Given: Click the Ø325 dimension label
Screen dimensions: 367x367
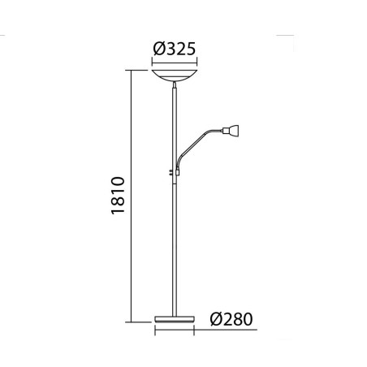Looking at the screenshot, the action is point(175,49).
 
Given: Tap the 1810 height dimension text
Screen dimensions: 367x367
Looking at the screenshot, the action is point(118,196).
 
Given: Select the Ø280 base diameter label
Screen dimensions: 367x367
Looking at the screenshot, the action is point(231,319).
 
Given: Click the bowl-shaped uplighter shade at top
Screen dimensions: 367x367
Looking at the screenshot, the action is point(175,76).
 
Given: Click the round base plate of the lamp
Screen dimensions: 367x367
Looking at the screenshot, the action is point(175,319).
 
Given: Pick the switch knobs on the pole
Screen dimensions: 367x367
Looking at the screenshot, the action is point(171,172).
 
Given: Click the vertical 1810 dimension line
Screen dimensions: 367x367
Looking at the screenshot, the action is point(132,196).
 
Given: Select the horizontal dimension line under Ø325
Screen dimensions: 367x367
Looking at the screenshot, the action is point(175,63).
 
